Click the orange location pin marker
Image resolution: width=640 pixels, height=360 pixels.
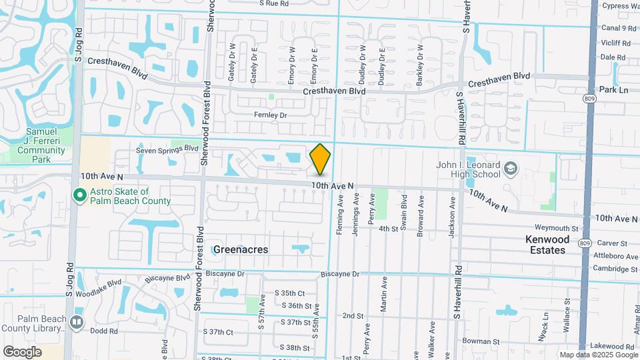point(320,159)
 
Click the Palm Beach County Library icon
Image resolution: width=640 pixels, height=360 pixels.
point(77,323)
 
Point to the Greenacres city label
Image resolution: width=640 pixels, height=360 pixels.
point(241,249)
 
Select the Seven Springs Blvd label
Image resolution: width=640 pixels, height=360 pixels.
point(167,149)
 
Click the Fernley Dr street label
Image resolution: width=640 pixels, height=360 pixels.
point(270,115)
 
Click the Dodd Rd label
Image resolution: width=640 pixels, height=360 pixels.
point(104,331)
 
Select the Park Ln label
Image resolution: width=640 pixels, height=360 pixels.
point(613,89)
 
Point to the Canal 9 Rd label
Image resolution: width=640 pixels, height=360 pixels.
point(619,29)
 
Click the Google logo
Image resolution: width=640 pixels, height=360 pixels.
point(22,351)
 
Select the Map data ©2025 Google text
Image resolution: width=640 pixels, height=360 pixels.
point(598,355)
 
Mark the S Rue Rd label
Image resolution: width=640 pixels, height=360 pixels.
point(274,3)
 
